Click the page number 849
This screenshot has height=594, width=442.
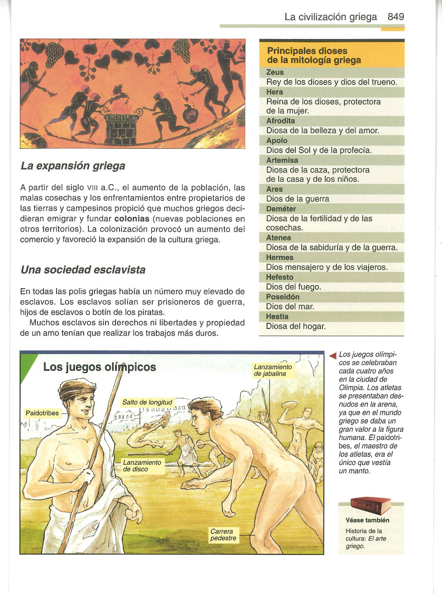(x=395, y=17)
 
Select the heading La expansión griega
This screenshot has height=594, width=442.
(x=73, y=166)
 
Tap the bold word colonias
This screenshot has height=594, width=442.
(x=132, y=219)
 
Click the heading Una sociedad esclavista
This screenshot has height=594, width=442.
(x=83, y=270)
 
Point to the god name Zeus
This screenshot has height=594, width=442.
(x=275, y=72)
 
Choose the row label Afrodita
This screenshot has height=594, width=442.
(x=281, y=121)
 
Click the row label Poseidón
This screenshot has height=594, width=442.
(x=283, y=297)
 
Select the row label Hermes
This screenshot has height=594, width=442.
(x=279, y=258)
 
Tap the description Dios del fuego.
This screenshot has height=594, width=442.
(x=293, y=287)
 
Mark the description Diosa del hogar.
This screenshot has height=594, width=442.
(x=296, y=327)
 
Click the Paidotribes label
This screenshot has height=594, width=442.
(x=42, y=413)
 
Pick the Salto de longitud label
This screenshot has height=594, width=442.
(x=147, y=402)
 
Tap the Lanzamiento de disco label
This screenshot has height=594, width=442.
(x=142, y=466)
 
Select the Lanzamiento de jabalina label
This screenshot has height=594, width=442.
(x=273, y=370)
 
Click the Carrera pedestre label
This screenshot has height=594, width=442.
(x=223, y=535)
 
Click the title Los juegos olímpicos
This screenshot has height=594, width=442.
(x=99, y=367)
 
